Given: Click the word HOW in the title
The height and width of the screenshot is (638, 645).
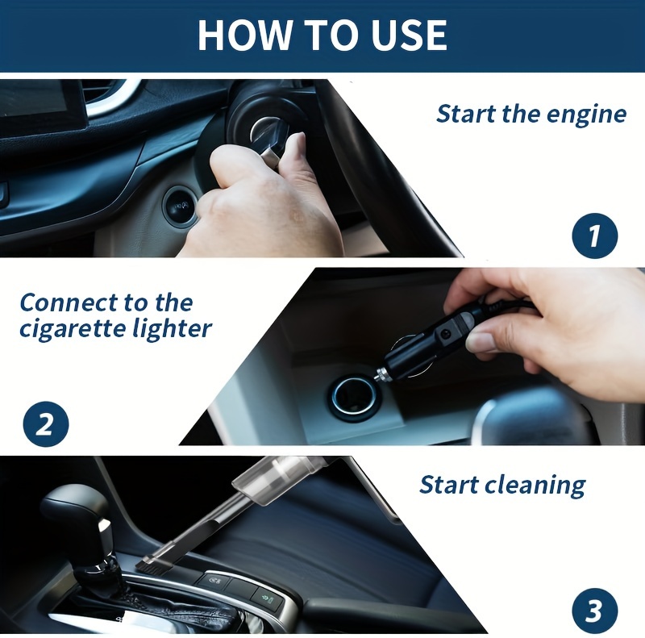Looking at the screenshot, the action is click(244, 35).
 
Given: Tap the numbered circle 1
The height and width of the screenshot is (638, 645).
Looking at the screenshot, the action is click(595, 236).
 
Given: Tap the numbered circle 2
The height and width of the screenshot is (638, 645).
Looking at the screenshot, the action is click(46, 424).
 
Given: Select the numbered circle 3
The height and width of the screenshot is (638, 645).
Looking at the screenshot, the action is click(595, 611).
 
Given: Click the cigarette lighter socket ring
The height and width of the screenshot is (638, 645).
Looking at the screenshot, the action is click(348, 395).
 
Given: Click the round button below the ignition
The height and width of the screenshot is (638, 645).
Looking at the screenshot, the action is click(179, 206).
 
